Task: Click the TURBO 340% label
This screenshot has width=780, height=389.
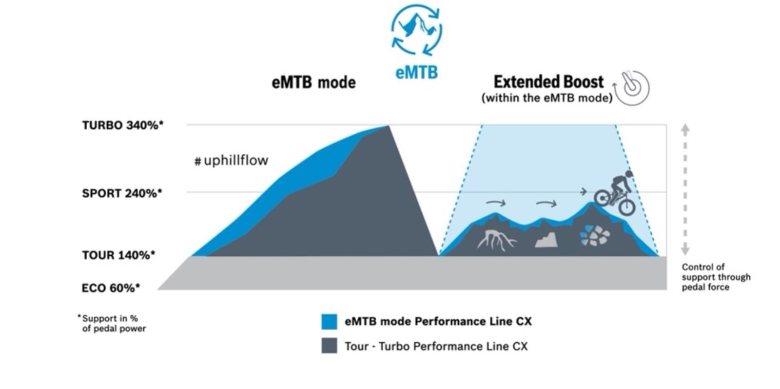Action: tap(122, 125)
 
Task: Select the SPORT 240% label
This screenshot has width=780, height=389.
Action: tap(122, 193)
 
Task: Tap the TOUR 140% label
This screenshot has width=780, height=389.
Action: tap(118, 255)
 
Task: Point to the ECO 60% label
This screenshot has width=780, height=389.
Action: tap(111, 288)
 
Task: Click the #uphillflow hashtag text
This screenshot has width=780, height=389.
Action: tap(231, 161)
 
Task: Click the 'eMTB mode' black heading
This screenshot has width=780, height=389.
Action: tap(313, 82)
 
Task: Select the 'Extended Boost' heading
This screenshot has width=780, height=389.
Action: tap(548, 81)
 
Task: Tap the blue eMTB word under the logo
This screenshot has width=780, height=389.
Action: tap(416, 72)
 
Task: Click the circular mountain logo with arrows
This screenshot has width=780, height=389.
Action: tap(416, 29)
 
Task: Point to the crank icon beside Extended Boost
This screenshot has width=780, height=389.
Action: tap(632, 88)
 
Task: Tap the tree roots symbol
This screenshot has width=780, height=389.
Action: tap(496, 239)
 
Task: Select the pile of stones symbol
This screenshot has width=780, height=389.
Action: tap(594, 235)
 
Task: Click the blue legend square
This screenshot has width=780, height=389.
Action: tap(329, 322)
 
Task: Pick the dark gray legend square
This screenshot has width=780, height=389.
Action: tap(329, 346)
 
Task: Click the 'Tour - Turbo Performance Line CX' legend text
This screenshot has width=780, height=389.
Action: tap(436, 346)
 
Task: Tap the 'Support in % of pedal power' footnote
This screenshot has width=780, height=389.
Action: tap(113, 324)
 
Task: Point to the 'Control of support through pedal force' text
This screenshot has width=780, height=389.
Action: tap(716, 277)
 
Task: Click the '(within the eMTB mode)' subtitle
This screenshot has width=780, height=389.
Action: tap(546, 98)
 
